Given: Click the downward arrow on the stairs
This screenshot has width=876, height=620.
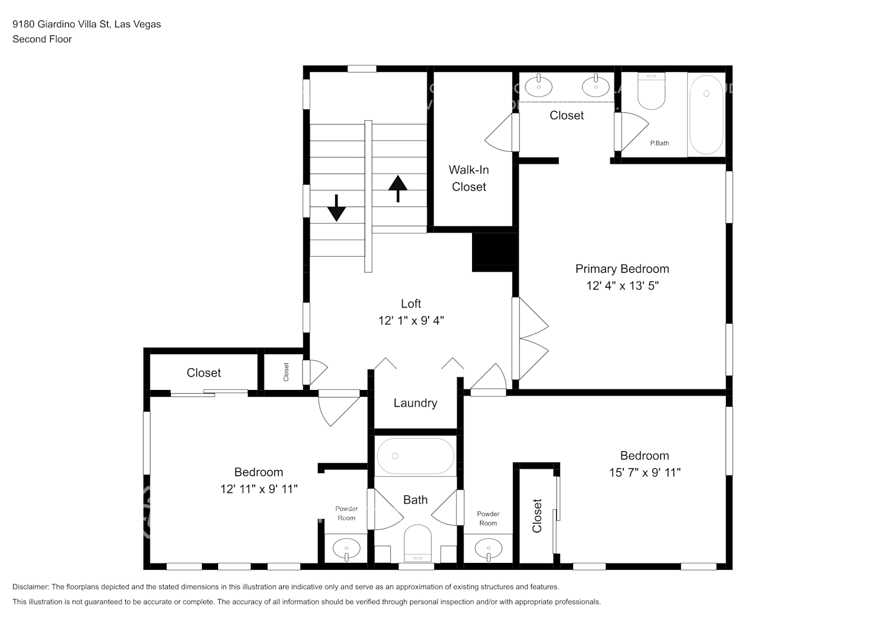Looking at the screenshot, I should tap(336, 208).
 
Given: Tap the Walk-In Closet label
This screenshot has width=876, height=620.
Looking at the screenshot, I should tap(468, 178).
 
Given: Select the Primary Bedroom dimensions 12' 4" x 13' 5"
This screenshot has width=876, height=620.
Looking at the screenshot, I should tap(622, 286).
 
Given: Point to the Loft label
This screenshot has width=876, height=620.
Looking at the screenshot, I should tap(411, 303).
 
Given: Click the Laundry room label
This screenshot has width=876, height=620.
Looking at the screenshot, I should tap(415, 403).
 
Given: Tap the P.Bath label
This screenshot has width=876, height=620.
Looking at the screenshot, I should tap(659, 143).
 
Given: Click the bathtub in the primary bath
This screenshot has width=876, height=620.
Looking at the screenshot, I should tap(706, 115).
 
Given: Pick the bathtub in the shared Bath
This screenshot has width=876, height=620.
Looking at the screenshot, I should tap(415, 456).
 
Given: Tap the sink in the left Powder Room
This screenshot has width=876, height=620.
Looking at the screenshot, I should tap(346, 549).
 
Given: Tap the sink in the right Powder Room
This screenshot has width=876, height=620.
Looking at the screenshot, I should tap(489, 549).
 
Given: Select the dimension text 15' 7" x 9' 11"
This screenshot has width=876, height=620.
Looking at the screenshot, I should tap(644, 472).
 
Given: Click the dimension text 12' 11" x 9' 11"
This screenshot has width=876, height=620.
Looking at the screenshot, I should tap(258, 489).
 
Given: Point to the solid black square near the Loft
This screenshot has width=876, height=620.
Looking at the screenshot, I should tap(494, 252).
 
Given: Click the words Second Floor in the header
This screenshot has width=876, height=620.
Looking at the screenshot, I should tap(42, 39).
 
